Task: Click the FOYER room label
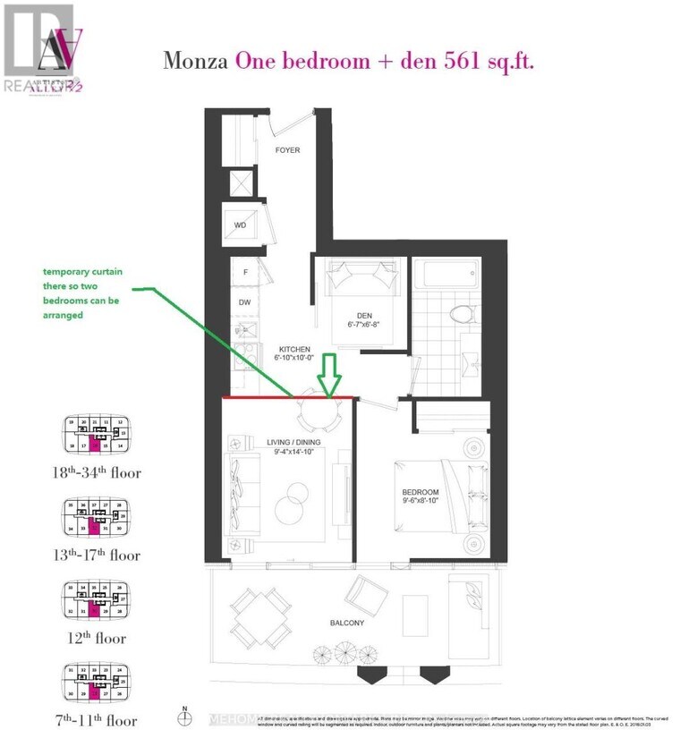pos(286,150)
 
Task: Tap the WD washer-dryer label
pos(240,225)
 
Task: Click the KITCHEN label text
pos(293,349)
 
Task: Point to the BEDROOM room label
pos(420,493)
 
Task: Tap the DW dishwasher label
pos(244,302)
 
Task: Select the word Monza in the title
pos(196,61)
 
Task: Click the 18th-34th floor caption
pos(98,471)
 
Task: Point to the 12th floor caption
pos(98,639)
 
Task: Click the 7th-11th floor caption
pos(98,721)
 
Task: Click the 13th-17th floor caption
pos(98,555)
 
